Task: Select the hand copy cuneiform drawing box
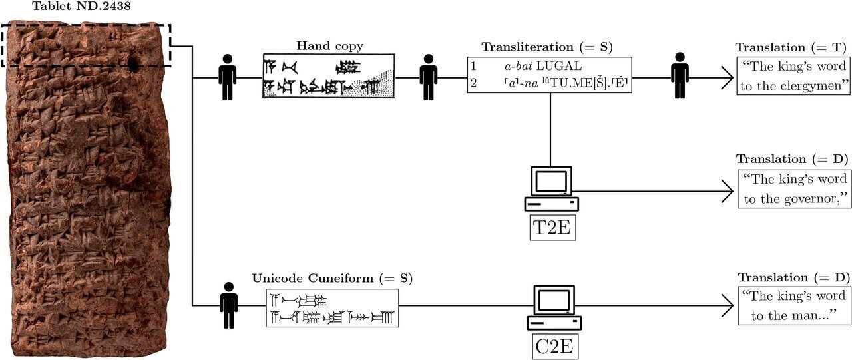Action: [x=328, y=76]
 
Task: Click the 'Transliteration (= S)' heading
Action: [x=546, y=47]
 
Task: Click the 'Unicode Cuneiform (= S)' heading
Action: [x=331, y=277]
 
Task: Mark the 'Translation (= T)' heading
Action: [x=791, y=47]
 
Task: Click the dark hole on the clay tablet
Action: [x=134, y=65]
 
